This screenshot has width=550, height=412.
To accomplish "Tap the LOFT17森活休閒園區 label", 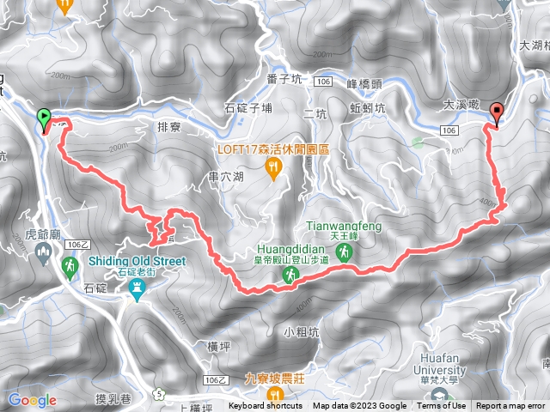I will (272, 148).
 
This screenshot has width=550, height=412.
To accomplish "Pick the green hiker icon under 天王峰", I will (344, 251).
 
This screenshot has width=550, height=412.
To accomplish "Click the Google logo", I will (32, 400).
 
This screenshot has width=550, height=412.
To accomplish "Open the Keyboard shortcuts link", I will (266, 406).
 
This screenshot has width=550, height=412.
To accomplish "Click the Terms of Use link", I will (442, 406).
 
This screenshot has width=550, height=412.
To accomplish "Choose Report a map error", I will (510, 406).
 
